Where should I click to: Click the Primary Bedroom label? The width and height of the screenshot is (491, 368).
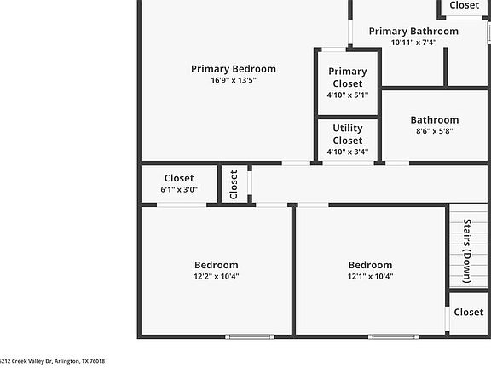coord(234,69)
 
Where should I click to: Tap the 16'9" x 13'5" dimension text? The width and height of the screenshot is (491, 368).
coord(234,80)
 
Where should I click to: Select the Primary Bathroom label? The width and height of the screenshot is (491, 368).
coord(413,32)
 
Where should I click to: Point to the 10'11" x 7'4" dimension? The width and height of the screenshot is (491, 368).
coord(413,43)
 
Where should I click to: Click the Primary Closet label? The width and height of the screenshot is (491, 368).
coord(348,78)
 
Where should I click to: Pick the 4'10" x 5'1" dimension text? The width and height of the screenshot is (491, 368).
coord(348,95)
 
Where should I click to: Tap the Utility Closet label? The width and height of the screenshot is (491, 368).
coord(348,135)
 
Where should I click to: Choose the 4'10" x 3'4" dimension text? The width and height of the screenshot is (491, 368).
coord(348,152)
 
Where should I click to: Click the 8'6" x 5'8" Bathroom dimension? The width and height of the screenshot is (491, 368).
coord(435,131)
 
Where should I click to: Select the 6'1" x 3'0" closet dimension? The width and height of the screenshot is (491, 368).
coord(179,189)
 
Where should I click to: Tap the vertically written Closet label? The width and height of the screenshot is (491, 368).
coord(234,185)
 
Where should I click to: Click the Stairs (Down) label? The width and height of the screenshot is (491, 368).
coord(466,251)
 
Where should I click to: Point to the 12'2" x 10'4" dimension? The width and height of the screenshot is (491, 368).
coord(217,276)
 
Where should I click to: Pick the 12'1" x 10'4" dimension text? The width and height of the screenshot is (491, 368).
coord(371,276)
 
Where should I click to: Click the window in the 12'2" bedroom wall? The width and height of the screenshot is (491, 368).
coord(250,336)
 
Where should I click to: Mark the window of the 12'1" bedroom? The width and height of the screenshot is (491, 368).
coord(393,336)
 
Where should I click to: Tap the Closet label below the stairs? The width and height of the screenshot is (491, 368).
coord(469,313)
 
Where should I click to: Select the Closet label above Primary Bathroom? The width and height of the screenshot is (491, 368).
coord(465,5)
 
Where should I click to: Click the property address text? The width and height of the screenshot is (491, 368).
coord(52,361)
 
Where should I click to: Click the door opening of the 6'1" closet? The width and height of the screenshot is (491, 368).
coord(182,205)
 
